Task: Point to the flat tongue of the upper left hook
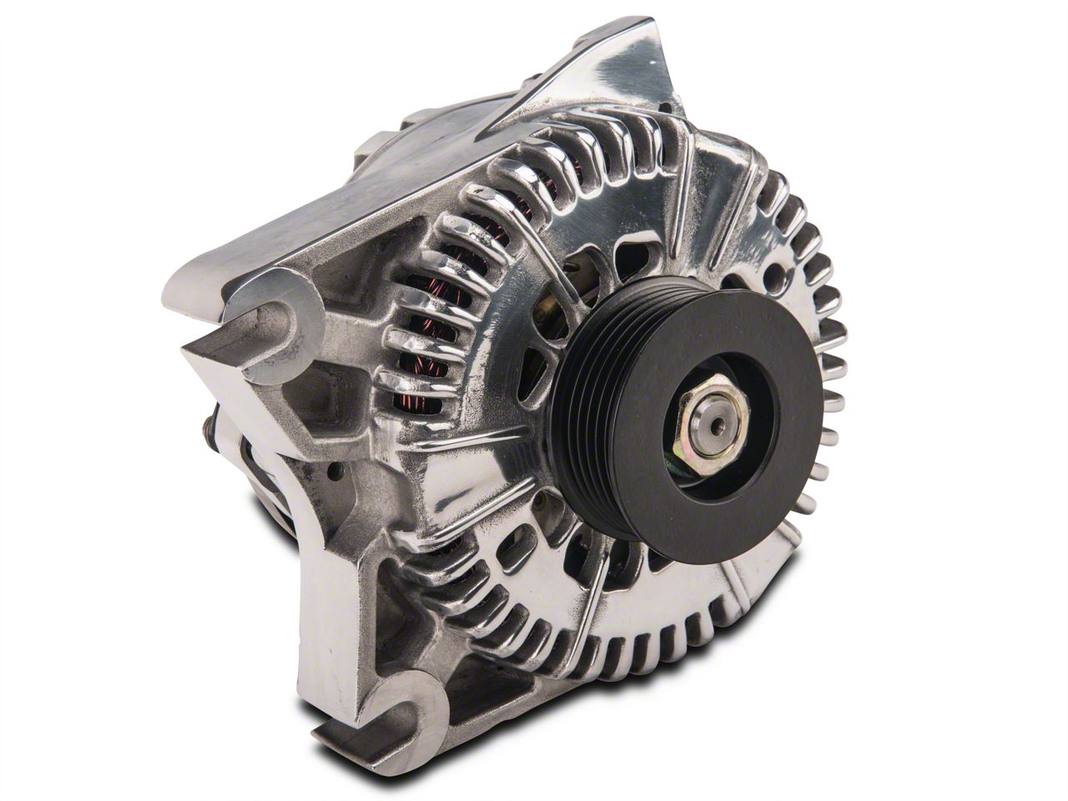pos(225,350)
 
